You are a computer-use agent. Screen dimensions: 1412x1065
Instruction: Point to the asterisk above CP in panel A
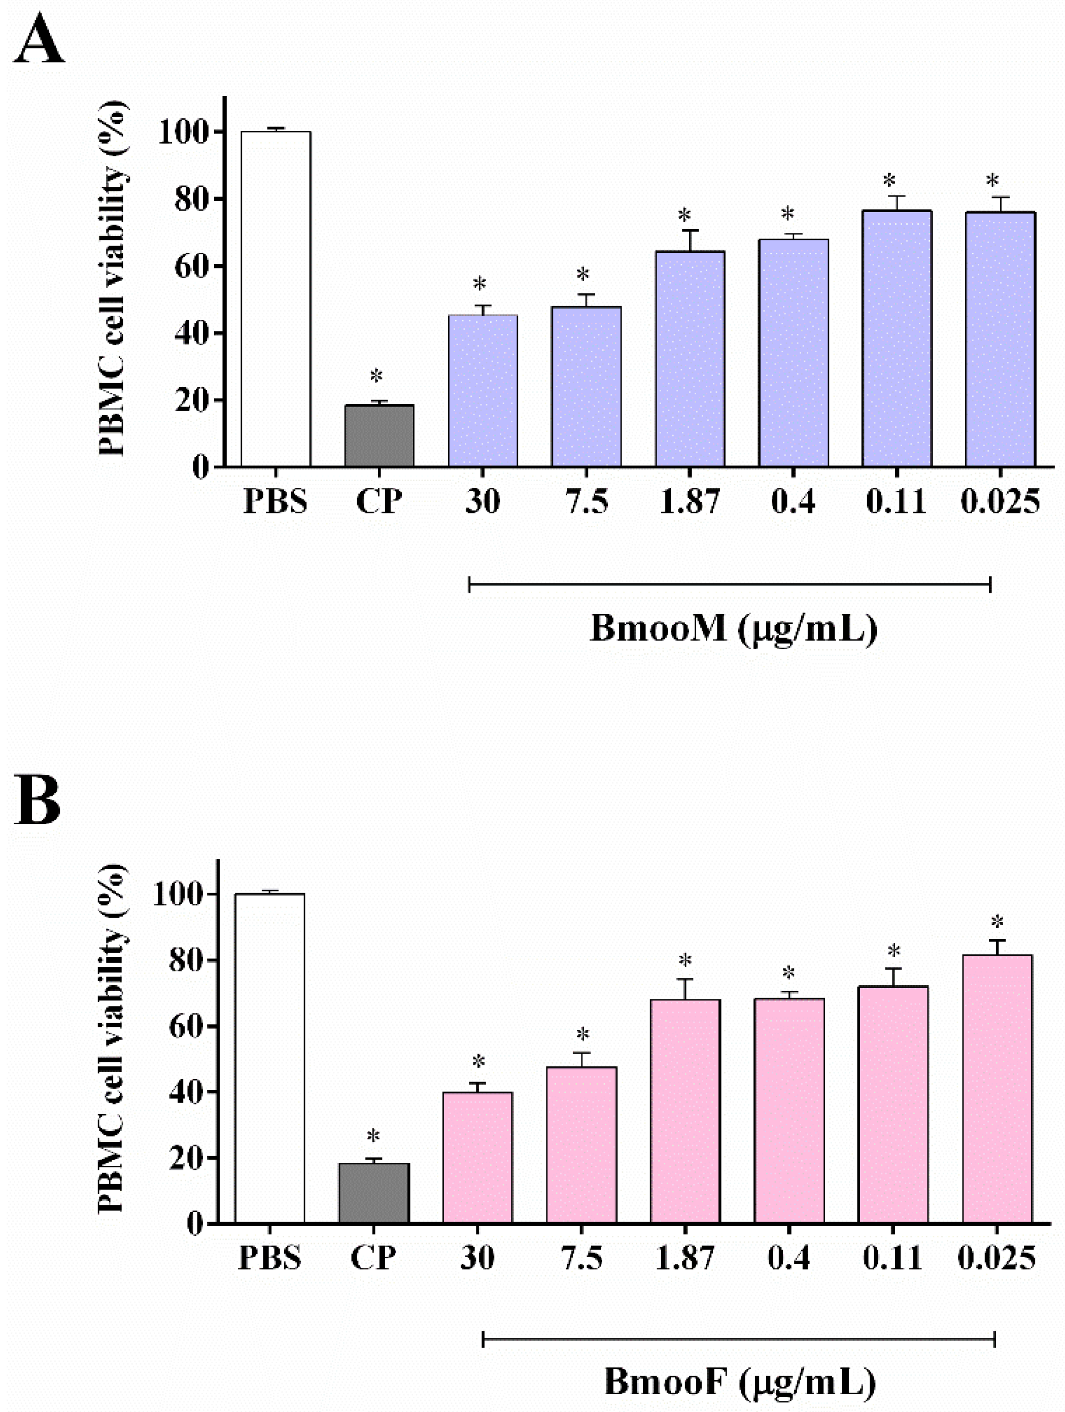pos(376,376)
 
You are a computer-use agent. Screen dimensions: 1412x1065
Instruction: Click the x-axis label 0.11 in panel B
pos(892,1258)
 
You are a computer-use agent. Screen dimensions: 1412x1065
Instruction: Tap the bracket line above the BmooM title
pos(729,584)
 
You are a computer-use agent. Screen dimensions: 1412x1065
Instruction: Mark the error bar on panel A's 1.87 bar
pos(690,240)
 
